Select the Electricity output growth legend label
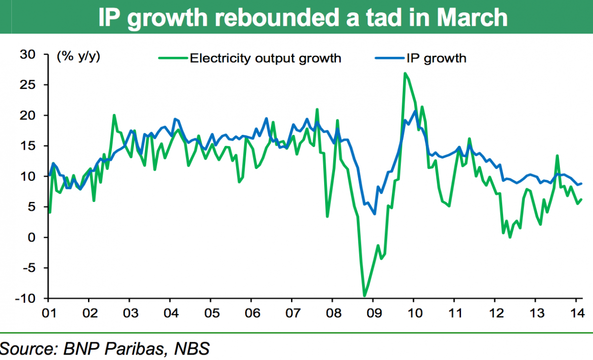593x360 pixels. tap(265, 58)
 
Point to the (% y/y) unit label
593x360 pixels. tap(79, 56)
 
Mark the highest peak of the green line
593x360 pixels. tap(405, 74)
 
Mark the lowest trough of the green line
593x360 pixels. tap(365, 296)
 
